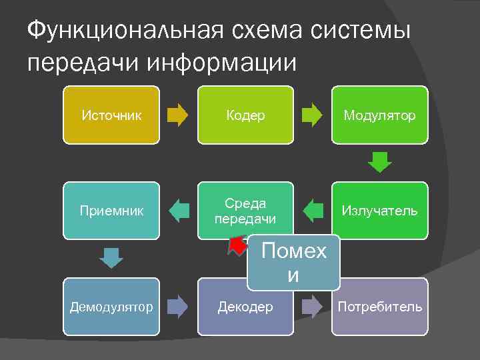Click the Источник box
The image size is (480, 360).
tap(111, 115)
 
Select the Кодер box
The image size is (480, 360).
tap(245, 115)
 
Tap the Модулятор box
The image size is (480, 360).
tap(380, 115)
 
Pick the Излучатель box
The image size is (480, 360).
tap(380, 211)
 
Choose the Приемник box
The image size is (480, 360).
tap(111, 211)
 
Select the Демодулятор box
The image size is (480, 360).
tap(111, 307)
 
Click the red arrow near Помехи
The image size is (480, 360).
tap(237, 246)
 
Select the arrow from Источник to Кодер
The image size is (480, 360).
tap(178, 115)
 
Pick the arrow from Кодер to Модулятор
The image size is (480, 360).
tap(312, 115)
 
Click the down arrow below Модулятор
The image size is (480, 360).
tap(380, 162)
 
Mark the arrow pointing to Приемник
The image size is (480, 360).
tap(178, 211)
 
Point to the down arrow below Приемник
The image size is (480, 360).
tap(111, 258)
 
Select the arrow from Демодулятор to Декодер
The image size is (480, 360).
tap(178, 307)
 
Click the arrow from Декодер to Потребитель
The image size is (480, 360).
tap(312, 307)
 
